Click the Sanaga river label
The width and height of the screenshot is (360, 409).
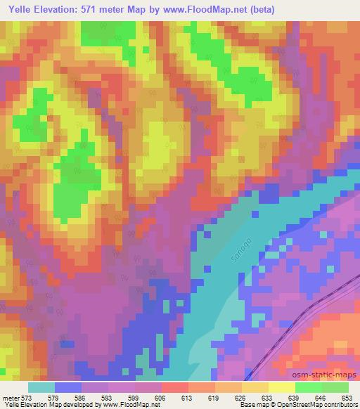(239, 252)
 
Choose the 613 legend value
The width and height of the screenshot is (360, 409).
(188, 397)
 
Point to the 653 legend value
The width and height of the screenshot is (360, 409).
(348, 397)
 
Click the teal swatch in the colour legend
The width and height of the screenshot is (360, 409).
(41, 387)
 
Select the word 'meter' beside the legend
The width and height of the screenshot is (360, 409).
(11, 397)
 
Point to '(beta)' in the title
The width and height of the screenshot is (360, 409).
(259, 10)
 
